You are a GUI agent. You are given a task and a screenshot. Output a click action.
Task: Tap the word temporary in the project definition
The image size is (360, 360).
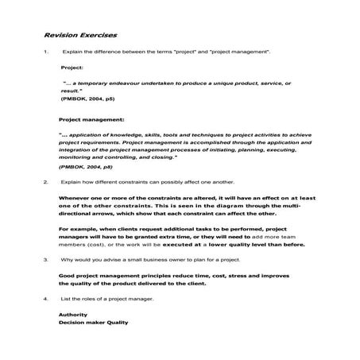click(102, 83)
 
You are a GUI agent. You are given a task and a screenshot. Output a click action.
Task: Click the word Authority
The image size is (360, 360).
click(75, 314)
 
